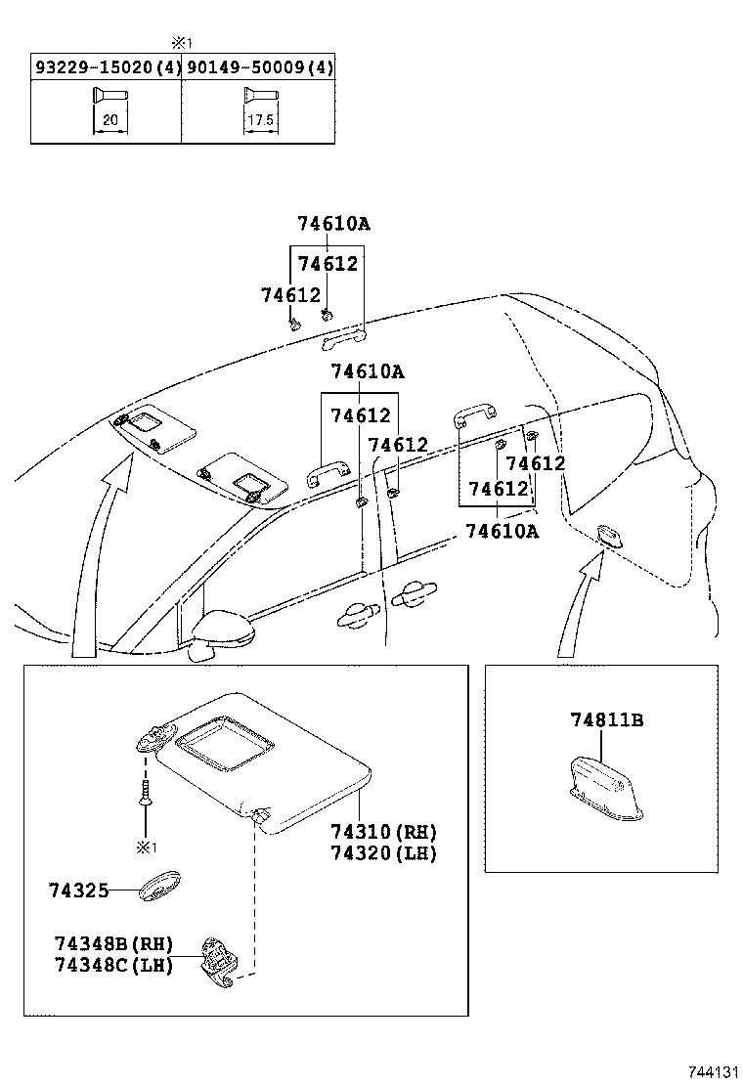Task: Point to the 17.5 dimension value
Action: [256, 119]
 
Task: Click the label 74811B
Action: [606, 720]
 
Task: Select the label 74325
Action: [77, 891]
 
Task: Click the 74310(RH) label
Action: [383, 832]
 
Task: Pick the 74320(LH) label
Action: [383, 853]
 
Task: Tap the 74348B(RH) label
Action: [113, 943]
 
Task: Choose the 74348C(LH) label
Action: [113, 965]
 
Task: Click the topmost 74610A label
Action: [333, 224]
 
